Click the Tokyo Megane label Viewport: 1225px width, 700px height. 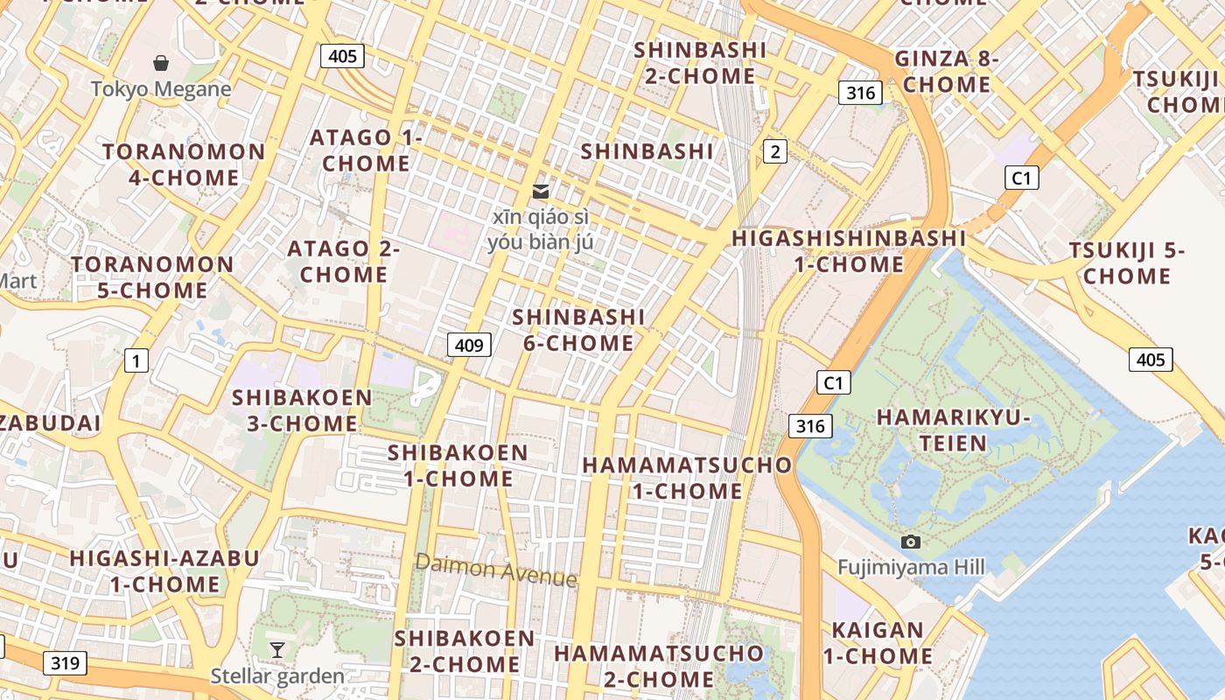[161, 88]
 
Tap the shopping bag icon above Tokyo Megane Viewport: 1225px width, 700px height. [161, 63]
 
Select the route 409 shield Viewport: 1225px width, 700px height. [469, 345]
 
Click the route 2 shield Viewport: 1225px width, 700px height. [774, 151]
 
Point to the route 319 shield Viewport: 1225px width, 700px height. [65, 662]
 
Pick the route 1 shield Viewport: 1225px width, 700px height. [136, 360]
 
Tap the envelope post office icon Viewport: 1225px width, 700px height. [541, 191]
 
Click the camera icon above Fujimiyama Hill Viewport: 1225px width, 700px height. [910, 542]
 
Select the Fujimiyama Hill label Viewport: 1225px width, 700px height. [910, 567]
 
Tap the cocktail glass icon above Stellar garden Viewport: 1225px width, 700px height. [277, 649]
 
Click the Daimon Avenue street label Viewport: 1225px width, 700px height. [496, 570]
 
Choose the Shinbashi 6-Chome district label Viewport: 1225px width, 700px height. [578, 330]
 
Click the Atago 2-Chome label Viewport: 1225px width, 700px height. [344, 262]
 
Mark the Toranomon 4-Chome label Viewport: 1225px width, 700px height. [184, 164]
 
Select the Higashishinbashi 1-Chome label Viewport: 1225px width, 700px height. [849, 251]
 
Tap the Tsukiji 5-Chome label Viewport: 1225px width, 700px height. [1120, 263]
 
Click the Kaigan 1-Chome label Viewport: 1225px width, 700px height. [878, 642]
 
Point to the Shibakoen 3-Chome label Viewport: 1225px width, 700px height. [302, 410]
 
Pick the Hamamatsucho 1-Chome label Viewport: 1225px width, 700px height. [687, 478]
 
